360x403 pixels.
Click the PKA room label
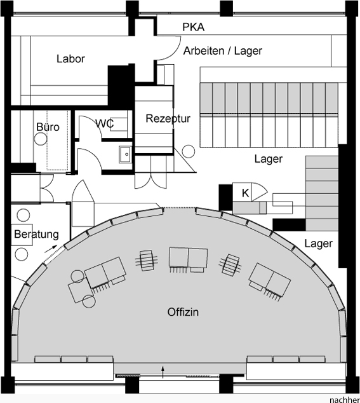[x=194, y=27]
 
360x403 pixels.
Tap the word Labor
[x=70, y=59]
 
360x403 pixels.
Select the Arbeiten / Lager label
[x=223, y=51]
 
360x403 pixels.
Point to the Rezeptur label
[x=168, y=118]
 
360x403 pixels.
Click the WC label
[x=105, y=123]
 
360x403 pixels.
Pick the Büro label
[x=48, y=127]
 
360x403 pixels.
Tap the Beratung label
[x=36, y=234]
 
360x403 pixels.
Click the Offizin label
[x=183, y=312]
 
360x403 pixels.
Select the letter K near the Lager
[x=245, y=193]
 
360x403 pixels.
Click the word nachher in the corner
[x=345, y=400]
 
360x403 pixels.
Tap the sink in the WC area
[x=126, y=154]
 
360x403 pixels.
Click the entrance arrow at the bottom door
[x=163, y=372]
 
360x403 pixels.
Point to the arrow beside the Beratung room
[x=51, y=249]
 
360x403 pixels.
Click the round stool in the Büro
[x=41, y=139]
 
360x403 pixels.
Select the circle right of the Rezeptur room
[x=188, y=151]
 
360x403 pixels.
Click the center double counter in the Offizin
[x=188, y=257]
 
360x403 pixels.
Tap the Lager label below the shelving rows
[x=269, y=159]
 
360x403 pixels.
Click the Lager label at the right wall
[x=318, y=243]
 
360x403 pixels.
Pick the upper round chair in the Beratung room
[x=23, y=215]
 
